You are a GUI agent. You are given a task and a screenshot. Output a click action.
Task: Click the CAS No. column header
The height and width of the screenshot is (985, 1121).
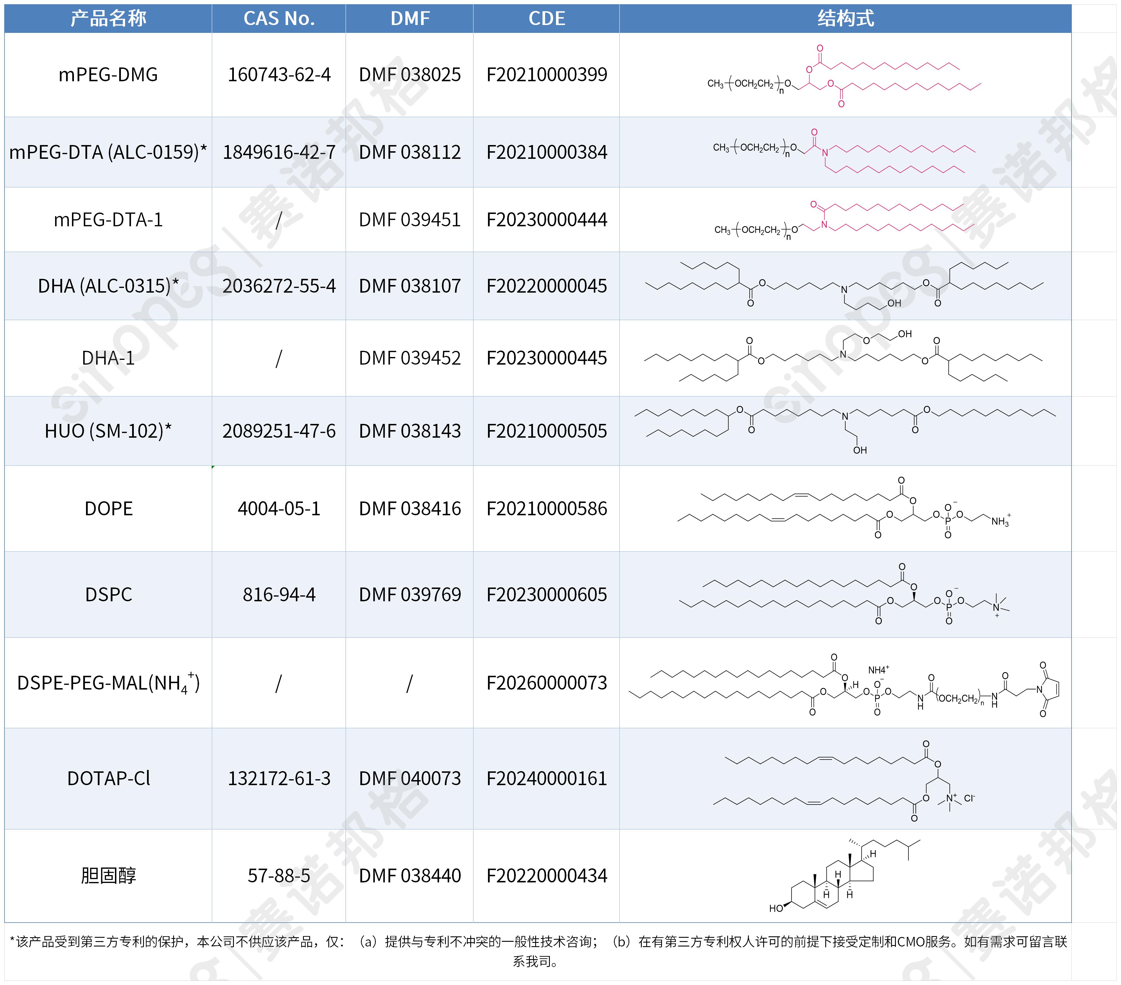[279, 19]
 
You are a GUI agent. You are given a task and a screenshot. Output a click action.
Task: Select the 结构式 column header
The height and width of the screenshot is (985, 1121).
[846, 19]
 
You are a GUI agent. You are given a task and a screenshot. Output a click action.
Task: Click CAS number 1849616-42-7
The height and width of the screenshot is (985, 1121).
[279, 152]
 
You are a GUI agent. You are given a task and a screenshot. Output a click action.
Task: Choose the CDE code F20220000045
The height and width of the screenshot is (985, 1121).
[547, 286]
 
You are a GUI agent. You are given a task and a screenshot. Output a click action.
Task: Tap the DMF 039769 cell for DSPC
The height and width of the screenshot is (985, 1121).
[410, 595]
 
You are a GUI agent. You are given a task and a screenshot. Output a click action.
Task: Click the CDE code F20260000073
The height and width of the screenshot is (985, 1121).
[547, 683]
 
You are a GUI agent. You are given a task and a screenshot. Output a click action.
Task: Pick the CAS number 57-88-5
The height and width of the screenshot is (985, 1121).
[279, 875]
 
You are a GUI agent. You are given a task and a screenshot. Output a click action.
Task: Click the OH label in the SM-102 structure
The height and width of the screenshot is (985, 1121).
[860, 450]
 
